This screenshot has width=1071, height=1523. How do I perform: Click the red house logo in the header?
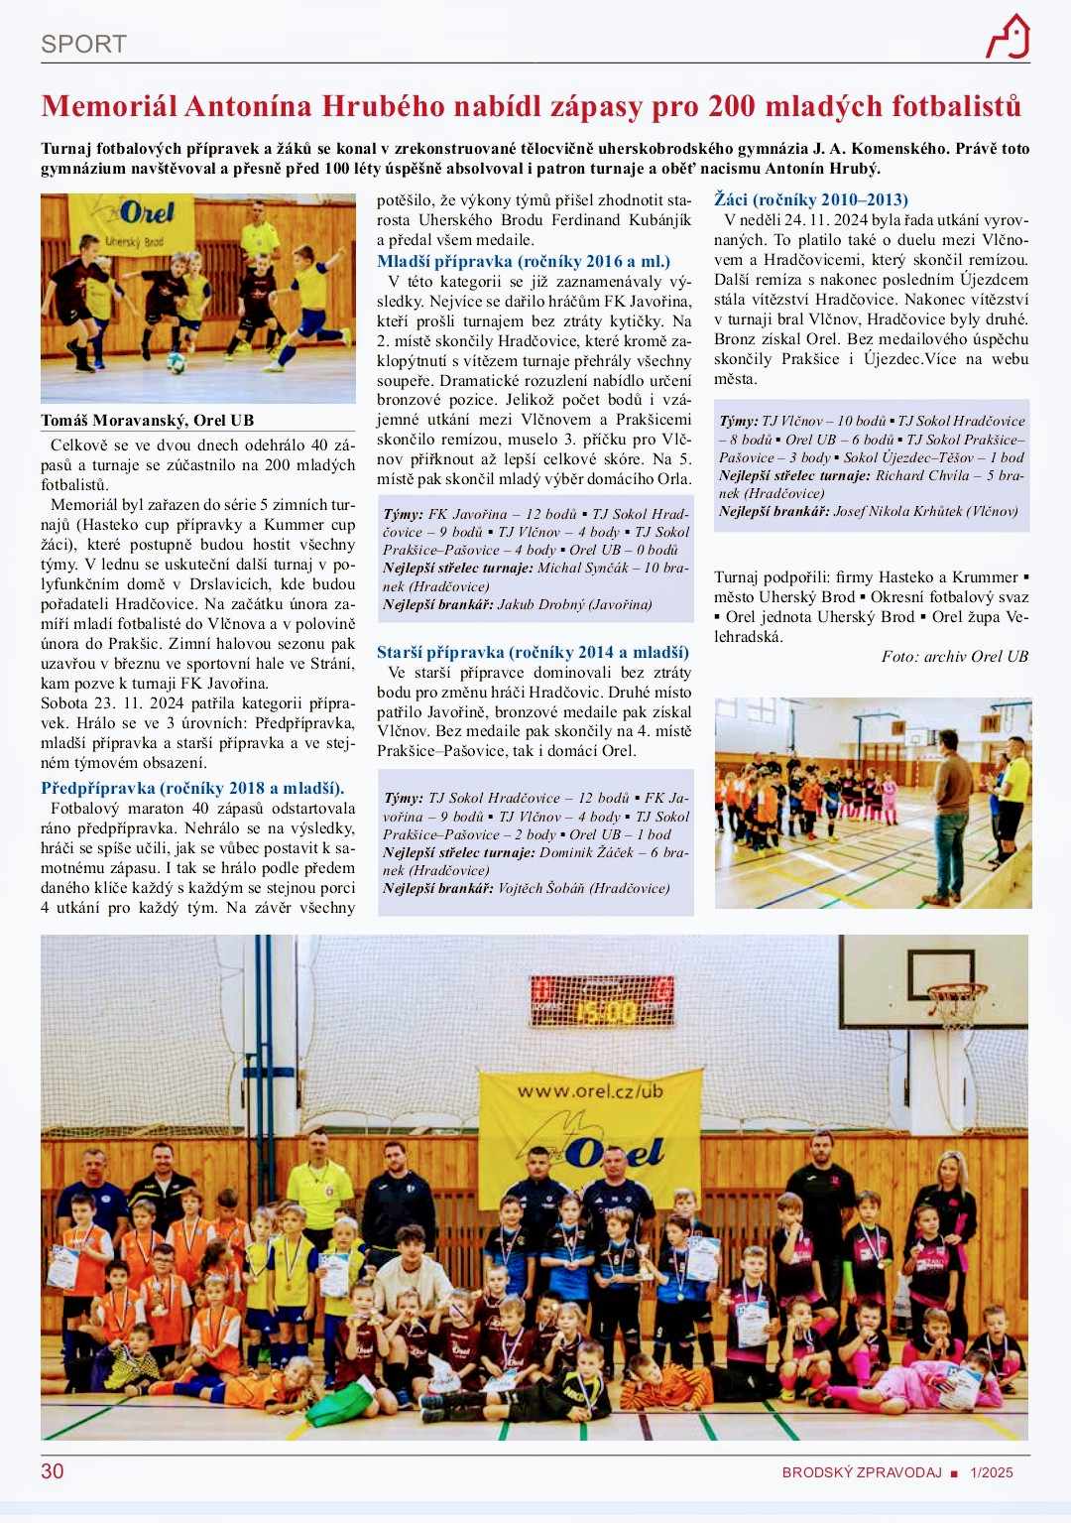1008,37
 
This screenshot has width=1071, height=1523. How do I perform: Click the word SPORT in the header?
83,44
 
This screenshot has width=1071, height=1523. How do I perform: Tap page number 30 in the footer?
52,1470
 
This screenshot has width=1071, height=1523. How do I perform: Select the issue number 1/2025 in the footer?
992,1472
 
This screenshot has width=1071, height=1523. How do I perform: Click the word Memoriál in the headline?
105,105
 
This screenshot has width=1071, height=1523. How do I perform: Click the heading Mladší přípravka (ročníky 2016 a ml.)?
524,262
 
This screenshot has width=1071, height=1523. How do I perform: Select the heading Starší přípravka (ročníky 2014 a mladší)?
533,652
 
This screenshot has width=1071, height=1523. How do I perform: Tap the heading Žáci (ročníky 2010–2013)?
811,199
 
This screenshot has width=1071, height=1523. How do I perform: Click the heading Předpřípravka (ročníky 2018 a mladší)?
192,788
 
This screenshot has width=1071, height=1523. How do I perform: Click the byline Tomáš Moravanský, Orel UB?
147,420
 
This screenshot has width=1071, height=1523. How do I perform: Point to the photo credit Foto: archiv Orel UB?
955,656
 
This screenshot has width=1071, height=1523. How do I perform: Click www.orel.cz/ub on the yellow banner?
589,1091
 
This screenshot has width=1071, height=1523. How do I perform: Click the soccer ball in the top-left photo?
176,362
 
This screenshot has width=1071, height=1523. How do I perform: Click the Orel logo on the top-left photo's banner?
147,213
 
